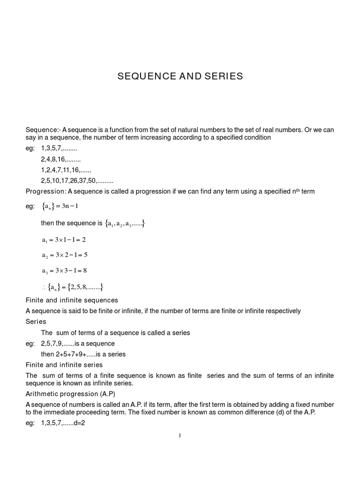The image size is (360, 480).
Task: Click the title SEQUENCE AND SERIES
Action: pos(180,76)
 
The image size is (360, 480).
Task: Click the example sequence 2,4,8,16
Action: pos(60,159)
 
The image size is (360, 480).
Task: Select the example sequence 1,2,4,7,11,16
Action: pos(66,170)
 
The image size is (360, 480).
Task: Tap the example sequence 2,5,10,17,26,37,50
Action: pos(77,180)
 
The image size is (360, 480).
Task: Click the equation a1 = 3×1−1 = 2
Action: pos(64,240)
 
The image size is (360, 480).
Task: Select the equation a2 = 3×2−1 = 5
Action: pos(65,255)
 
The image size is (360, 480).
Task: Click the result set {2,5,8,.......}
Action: pos(87,287)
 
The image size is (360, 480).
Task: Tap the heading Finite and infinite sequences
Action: pos(72,300)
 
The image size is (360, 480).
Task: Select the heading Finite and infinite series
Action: pos(64,365)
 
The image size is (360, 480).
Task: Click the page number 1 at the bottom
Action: pos(180,435)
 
